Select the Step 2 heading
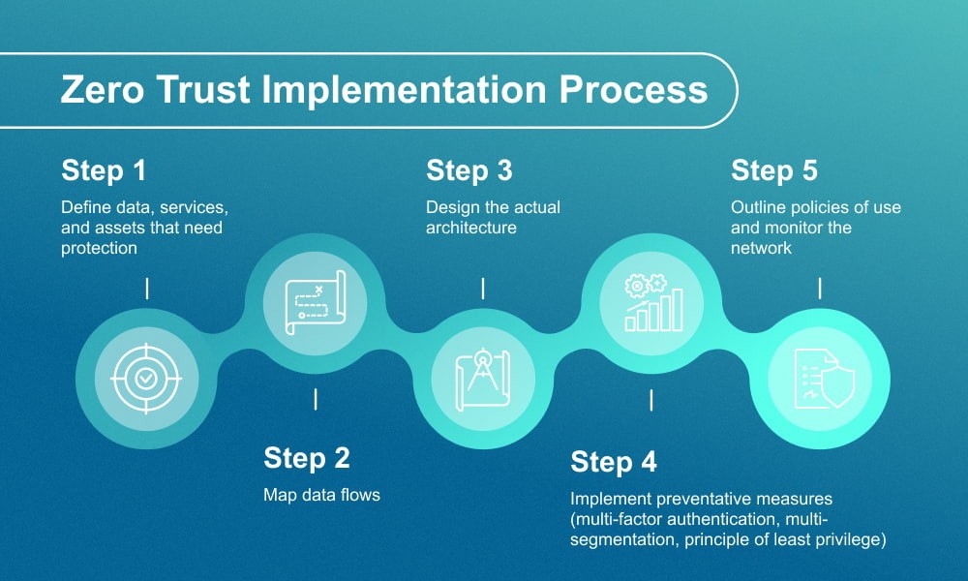tap(307, 457)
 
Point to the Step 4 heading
tap(614, 462)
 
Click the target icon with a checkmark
tap(145, 379)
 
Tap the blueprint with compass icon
tap(482, 379)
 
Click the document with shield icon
tap(820, 379)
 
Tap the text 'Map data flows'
tap(322, 495)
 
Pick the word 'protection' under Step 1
tap(99, 248)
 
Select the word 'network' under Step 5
tap(762, 248)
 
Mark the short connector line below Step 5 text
tap(821, 288)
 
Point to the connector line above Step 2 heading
tap(315, 399)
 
